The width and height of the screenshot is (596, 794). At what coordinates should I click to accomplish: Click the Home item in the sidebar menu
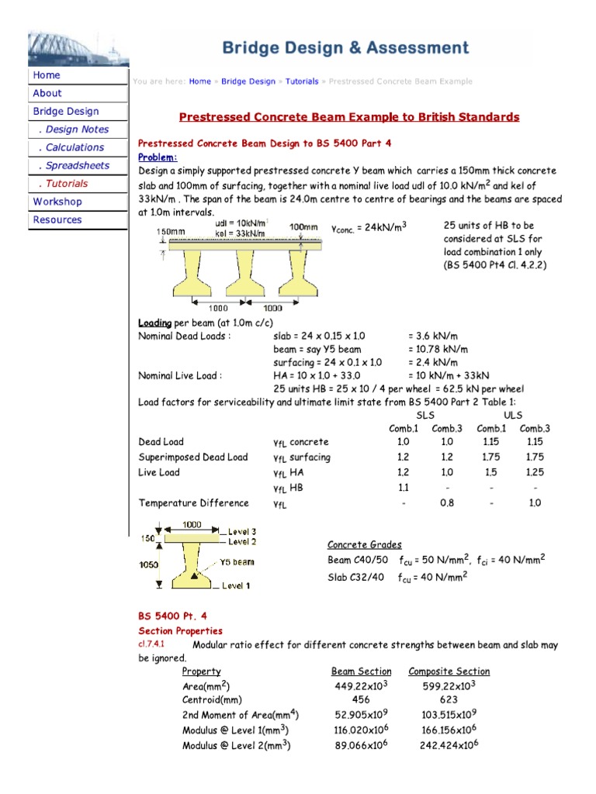click(47, 75)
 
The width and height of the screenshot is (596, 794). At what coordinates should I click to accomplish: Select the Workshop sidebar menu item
click(57, 202)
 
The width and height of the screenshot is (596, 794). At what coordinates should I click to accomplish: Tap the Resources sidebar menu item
click(57, 219)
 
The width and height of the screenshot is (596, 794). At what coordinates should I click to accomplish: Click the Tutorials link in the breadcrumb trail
click(302, 81)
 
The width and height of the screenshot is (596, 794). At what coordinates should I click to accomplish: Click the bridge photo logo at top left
click(78, 48)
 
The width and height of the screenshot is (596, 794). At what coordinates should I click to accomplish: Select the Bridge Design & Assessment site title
click(346, 48)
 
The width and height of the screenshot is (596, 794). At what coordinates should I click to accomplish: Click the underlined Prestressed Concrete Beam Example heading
click(349, 117)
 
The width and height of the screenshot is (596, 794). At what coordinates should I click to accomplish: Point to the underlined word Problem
click(157, 157)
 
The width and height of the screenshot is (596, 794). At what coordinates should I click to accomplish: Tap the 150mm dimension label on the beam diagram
click(171, 231)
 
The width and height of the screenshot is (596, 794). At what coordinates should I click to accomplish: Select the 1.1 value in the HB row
click(403, 488)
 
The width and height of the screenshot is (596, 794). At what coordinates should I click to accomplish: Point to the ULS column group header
click(513, 416)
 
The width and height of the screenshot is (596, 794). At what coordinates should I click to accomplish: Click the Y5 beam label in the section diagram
click(236, 561)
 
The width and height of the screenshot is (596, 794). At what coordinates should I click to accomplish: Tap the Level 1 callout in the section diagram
click(236, 585)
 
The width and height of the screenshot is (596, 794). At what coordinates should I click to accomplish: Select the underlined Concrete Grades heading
click(364, 544)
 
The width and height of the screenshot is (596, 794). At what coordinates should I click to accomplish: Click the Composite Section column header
click(449, 671)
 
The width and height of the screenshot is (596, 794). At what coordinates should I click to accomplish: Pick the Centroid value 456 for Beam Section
click(361, 699)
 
